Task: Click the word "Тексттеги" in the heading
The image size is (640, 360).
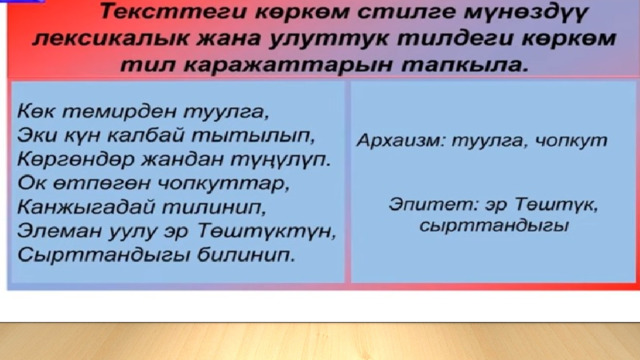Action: click(x=174, y=11)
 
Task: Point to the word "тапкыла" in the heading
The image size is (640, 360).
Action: click(x=464, y=64)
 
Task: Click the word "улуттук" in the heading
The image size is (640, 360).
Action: click(x=327, y=38)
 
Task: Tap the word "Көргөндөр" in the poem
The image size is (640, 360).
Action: click(x=76, y=159)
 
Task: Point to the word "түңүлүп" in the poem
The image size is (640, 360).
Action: click(x=281, y=159)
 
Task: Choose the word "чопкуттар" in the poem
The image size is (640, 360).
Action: click(x=223, y=184)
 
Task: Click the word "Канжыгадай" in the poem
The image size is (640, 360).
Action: click(x=86, y=207)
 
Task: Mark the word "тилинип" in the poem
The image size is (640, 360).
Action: click(x=214, y=207)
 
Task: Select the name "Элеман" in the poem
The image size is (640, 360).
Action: click(x=60, y=231)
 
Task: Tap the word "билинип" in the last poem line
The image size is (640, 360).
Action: click(x=246, y=255)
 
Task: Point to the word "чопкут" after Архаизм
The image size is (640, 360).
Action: click(x=571, y=141)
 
